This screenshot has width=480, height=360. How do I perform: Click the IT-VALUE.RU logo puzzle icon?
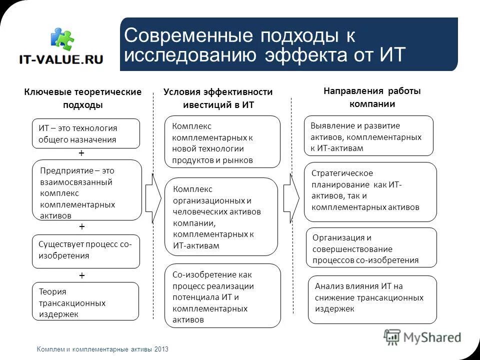(x=62, y=39)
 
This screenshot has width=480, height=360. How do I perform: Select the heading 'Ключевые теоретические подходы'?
(x=83, y=98)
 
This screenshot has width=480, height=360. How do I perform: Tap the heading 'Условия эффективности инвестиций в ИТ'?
(x=218, y=98)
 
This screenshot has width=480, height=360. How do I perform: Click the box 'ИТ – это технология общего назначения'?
(x=85, y=133)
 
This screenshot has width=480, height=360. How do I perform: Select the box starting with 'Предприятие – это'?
(x=87, y=190)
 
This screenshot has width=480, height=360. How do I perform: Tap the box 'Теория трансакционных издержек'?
(x=85, y=301)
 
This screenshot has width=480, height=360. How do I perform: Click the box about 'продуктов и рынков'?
(x=222, y=142)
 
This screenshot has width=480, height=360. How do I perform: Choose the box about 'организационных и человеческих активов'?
(x=221, y=217)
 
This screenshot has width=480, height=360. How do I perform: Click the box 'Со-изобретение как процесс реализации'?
(x=222, y=296)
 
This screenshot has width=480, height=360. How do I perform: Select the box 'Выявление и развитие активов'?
(x=368, y=136)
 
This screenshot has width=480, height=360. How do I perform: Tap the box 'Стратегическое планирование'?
(x=370, y=191)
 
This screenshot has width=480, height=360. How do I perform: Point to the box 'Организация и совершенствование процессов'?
(x=371, y=247)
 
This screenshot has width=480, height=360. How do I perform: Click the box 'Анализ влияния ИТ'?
(x=372, y=299)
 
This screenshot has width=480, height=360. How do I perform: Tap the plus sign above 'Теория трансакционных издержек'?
(x=82, y=275)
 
